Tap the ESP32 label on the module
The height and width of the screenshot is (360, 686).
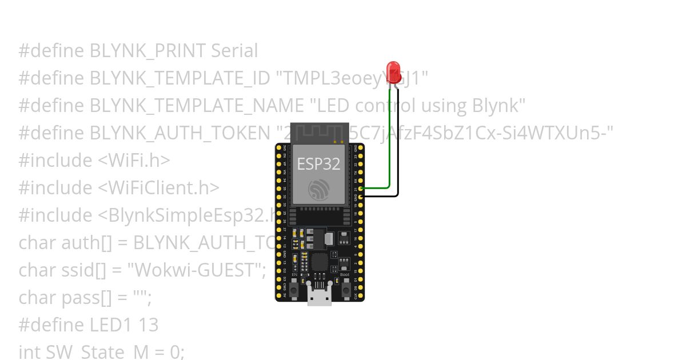click(318, 164)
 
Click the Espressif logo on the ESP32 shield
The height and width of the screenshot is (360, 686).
click(318, 189)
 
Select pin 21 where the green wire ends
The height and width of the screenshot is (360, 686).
click(361, 187)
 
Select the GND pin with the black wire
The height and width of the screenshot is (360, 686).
click(361, 196)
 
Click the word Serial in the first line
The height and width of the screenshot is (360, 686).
click(234, 51)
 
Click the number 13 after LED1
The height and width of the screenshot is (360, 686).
click(148, 325)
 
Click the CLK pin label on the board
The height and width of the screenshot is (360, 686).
click(356, 296)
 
